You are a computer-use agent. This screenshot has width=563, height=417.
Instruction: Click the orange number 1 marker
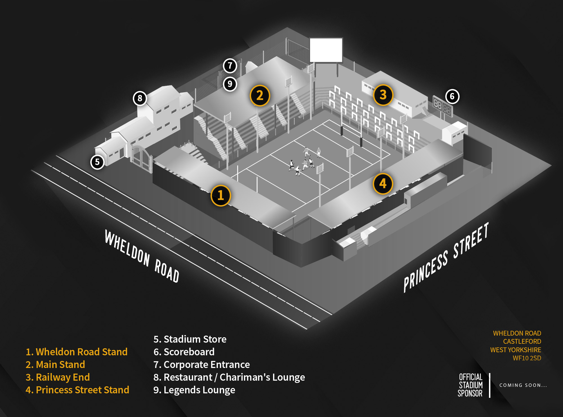click(221, 196)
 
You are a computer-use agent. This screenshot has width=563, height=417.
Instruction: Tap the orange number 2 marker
click(260, 96)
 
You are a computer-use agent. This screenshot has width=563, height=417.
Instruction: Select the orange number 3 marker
click(383, 95)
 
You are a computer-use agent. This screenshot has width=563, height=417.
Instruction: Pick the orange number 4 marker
click(383, 184)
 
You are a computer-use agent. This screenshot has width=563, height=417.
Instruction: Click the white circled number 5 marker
click(97, 162)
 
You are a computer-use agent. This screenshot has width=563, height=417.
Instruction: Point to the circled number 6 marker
click(452, 96)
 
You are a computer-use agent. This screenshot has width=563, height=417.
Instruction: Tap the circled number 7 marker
click(230, 66)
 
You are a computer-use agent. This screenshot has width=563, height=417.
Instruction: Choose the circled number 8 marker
click(140, 98)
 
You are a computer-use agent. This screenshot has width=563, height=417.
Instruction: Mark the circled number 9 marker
click(230, 84)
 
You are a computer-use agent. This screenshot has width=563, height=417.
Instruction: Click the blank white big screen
click(326, 50)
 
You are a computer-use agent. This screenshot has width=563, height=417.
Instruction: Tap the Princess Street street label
click(446, 257)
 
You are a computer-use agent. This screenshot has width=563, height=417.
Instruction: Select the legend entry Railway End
click(58, 377)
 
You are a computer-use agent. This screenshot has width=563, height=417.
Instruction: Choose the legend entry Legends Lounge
click(194, 390)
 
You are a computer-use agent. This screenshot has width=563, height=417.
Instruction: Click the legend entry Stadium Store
click(190, 339)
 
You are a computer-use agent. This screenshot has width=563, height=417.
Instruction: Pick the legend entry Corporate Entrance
click(202, 365)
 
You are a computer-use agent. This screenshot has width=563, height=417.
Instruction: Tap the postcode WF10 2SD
click(527, 358)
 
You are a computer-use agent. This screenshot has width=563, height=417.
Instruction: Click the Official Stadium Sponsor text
click(470, 385)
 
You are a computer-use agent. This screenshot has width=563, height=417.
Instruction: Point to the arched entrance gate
click(142, 158)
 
